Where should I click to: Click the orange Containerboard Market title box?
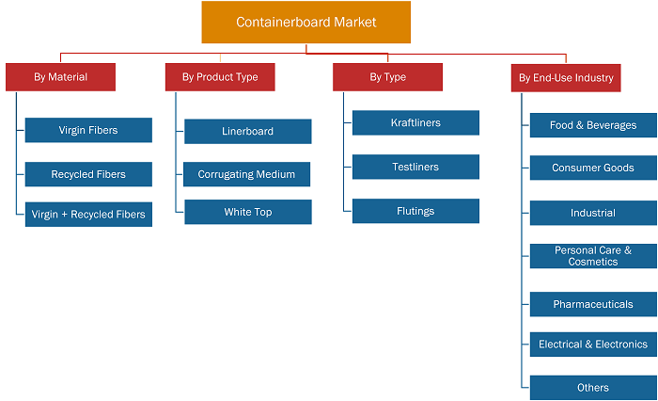pos(305,22)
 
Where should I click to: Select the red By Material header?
pos(60,77)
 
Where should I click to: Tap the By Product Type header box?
pos(220,77)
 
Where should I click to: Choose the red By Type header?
pos(387,77)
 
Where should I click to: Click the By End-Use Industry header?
pos(566,78)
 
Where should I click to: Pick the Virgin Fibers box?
pos(88,130)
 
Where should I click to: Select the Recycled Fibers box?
pos(88,174)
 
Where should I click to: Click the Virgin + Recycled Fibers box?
pos(88,215)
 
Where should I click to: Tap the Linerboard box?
pos(248,131)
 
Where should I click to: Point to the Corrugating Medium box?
pos(246,174)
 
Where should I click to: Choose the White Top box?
pos(248,212)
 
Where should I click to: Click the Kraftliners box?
pos(415,122)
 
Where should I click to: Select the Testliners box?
pos(415,167)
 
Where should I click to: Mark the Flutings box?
pos(415,211)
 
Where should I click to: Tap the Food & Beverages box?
pos(593,125)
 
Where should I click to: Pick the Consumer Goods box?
pos(593,168)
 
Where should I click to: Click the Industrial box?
pos(593,213)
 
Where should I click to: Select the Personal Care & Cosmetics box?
pos(593,256)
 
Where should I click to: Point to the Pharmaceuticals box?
pos(593,304)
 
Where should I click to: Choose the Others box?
pos(593,388)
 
